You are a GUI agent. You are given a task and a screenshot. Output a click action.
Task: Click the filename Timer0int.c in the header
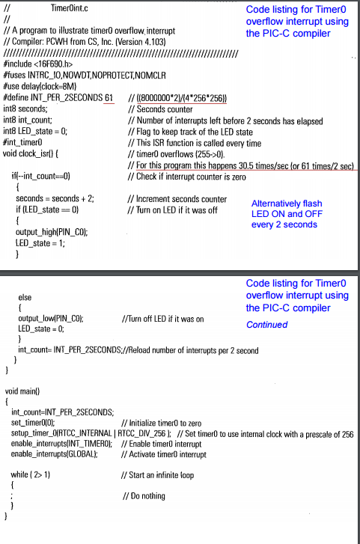pos(69,7)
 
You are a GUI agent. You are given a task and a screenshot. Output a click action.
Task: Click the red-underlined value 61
pos(109,98)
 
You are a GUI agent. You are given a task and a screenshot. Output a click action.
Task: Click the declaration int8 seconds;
pos(25,109)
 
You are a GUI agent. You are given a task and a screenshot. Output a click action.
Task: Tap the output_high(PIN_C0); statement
pos(52,232)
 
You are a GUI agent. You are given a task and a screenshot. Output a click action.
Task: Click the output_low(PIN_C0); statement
pos(50,318)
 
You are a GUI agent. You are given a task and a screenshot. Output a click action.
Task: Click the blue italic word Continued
pos(266,325)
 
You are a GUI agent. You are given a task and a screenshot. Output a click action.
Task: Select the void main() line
pos(22,391)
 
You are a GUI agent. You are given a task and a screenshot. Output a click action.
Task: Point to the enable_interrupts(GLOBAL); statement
pos(55,454)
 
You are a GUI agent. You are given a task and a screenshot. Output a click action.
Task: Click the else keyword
pos(24,297)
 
